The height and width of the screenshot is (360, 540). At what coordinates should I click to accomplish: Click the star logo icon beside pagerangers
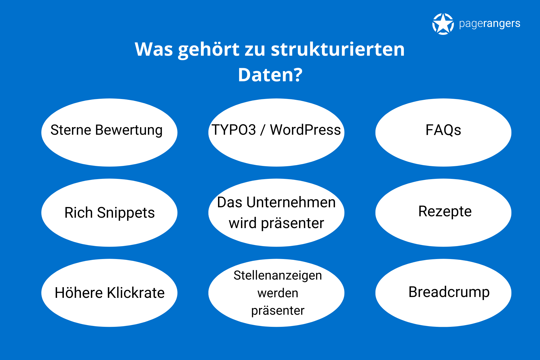click(x=443, y=24)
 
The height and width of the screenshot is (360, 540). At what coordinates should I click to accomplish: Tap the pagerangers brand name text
click(x=489, y=24)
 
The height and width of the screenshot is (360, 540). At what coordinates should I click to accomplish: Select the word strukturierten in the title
click(x=338, y=49)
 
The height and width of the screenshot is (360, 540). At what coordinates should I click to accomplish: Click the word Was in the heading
click(x=154, y=49)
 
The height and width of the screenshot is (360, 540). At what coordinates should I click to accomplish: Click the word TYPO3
click(x=234, y=130)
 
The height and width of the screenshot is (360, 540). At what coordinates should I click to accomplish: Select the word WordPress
click(x=305, y=130)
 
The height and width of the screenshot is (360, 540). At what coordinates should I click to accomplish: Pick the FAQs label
click(x=443, y=130)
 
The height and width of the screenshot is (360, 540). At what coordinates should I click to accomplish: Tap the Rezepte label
click(x=445, y=211)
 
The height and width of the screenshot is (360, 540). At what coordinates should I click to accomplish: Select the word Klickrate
click(x=136, y=292)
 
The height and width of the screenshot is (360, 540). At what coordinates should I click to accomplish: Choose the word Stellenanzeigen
click(x=278, y=276)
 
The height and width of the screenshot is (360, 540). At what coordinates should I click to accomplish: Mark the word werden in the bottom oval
click(x=278, y=293)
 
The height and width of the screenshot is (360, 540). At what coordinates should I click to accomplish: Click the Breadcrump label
click(x=449, y=292)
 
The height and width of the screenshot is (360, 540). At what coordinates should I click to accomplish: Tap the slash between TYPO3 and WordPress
click(x=263, y=130)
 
